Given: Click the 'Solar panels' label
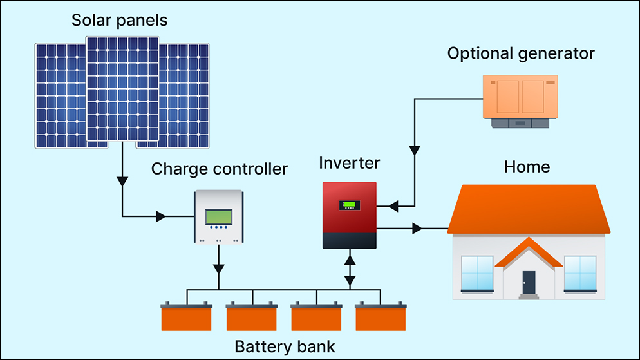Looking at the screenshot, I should (x=120, y=20).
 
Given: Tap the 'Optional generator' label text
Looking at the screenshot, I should (x=521, y=53).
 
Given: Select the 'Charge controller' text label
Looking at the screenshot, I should (x=220, y=169).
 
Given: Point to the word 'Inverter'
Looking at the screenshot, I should (x=350, y=162).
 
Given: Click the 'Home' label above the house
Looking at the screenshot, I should (x=527, y=167).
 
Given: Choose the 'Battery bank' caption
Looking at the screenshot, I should (x=285, y=346).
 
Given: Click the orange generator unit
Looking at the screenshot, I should (x=520, y=97).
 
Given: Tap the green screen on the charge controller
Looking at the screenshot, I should (x=219, y=217).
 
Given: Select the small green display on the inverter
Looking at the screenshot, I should (x=350, y=205).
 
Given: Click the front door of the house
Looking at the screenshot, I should (x=529, y=282).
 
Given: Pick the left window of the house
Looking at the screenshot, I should (x=477, y=272).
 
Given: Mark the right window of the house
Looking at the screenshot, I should (x=580, y=272).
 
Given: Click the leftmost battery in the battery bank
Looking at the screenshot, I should (x=187, y=317).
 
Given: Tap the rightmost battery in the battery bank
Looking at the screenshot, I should (x=381, y=317).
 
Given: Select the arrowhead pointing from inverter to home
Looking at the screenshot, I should (x=418, y=228).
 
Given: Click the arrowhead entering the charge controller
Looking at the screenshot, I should (x=161, y=217).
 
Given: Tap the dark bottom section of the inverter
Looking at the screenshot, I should (x=350, y=240).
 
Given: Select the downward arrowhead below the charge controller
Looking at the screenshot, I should (x=220, y=266).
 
